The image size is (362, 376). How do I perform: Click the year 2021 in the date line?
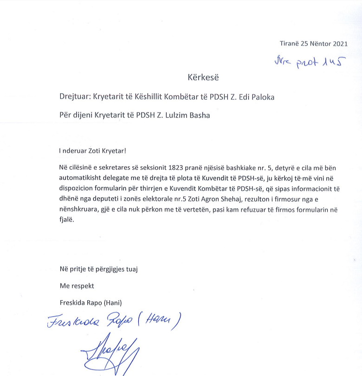339,44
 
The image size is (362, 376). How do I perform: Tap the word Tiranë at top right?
289,44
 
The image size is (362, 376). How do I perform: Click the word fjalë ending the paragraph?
66,221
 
